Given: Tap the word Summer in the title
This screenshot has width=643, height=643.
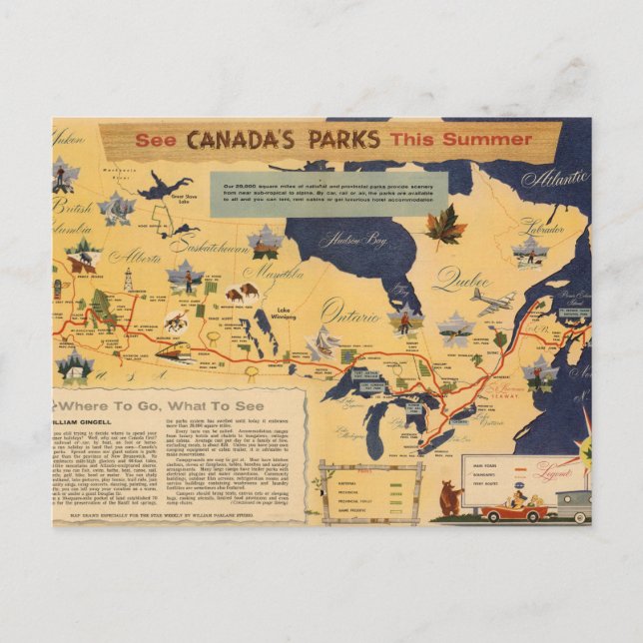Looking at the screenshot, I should pyautogui.click(x=475, y=139).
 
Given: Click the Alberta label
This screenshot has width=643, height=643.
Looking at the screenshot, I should pyautogui.click(x=134, y=257).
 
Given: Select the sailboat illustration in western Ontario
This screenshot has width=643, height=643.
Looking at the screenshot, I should pyautogui.click(x=322, y=344).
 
